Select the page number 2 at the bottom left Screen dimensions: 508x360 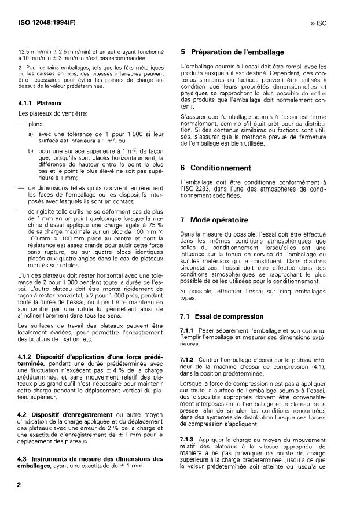[x=21, y=485]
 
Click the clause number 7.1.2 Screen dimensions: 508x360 [x=191, y=360]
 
